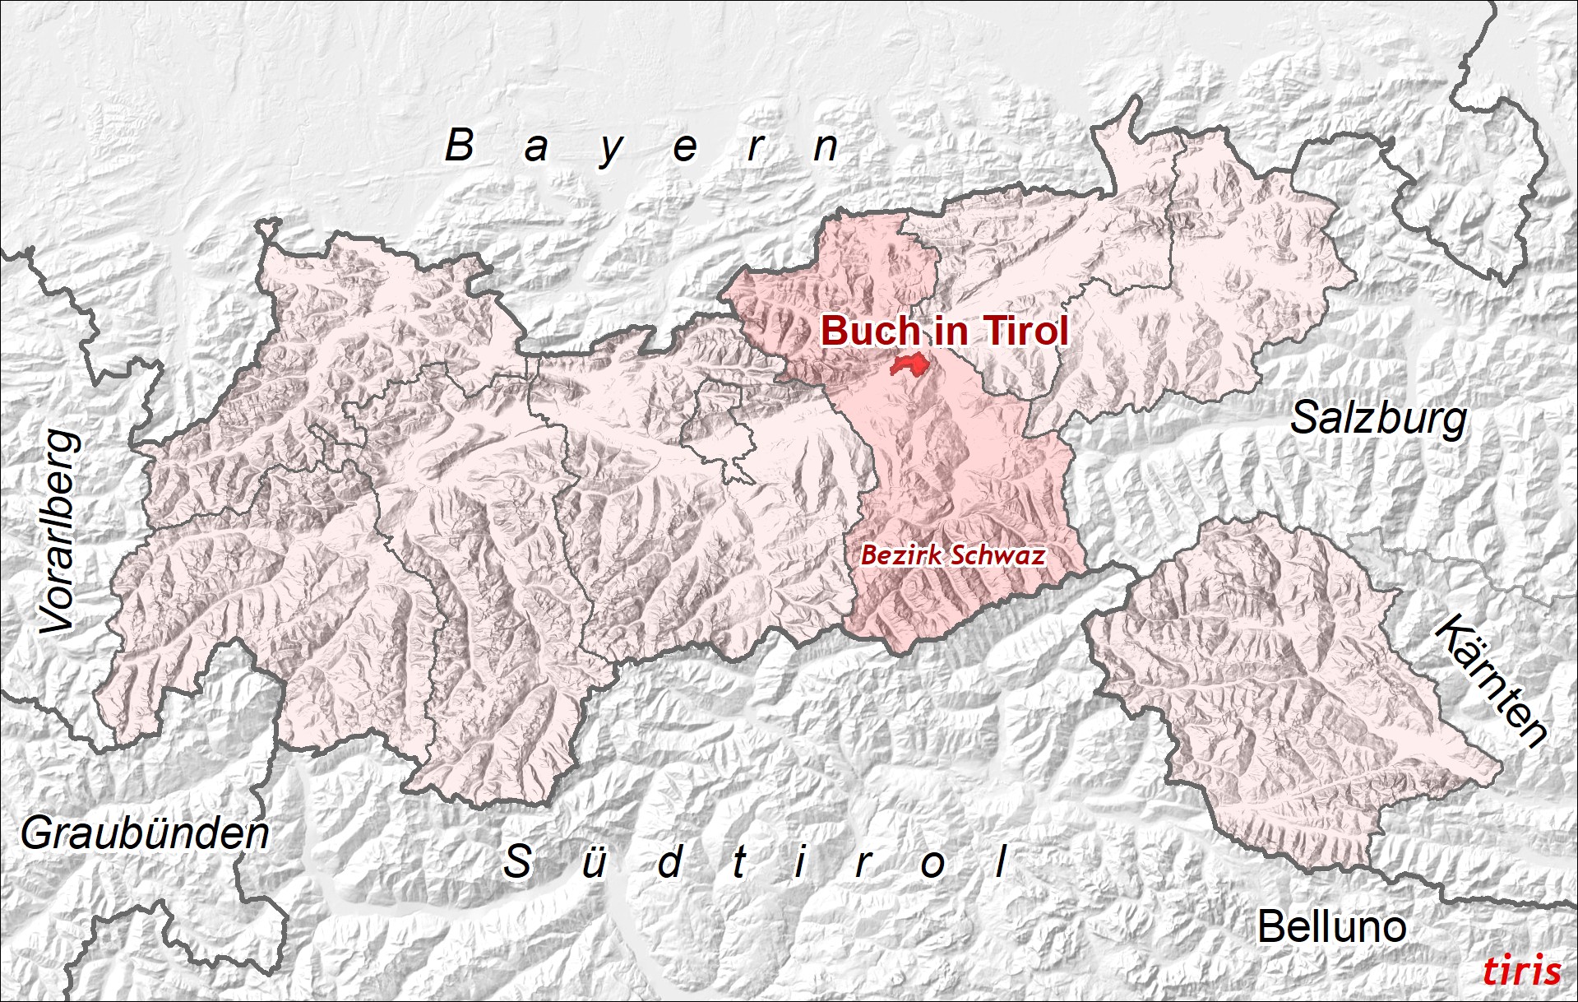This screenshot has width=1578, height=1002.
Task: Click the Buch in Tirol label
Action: point(944,331)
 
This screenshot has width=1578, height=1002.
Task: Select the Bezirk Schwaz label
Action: point(952,555)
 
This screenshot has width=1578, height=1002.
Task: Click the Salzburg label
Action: point(1378,419)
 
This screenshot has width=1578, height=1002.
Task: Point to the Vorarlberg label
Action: point(61,532)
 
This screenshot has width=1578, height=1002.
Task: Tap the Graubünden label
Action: point(145,833)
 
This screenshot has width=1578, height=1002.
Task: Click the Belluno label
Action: point(1331,927)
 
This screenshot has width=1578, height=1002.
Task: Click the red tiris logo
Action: point(1521,971)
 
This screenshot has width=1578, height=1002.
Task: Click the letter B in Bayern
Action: point(460,146)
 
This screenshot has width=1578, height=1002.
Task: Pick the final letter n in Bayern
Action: point(826,148)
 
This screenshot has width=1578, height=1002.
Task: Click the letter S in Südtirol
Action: point(517,862)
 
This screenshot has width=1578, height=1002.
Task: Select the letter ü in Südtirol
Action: point(593,862)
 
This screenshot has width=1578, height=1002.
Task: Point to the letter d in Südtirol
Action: point(670,862)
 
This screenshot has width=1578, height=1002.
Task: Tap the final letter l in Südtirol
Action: point(1001,862)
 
